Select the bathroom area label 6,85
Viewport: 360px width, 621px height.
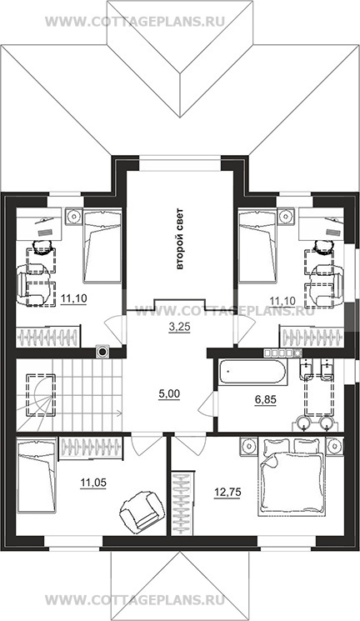pyautogui.click(x=265, y=399)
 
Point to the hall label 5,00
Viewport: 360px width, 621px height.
pyautogui.click(x=169, y=393)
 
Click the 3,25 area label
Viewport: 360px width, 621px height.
pyautogui.click(x=177, y=327)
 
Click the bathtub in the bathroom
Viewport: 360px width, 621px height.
pyautogui.click(x=252, y=373)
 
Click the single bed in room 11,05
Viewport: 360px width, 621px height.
pyautogui.click(x=37, y=475)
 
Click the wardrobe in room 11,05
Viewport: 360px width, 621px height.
pyautogui.click(x=91, y=448)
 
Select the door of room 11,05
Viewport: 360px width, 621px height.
pyautogui.click(x=146, y=446)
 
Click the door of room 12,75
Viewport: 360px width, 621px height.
pyautogui.click(x=189, y=446)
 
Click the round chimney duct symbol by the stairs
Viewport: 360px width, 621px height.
pyautogui.click(x=102, y=351)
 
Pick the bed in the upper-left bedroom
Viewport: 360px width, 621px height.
pyautogui.click(x=102, y=247)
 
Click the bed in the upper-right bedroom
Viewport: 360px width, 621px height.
pyautogui.click(x=257, y=247)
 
